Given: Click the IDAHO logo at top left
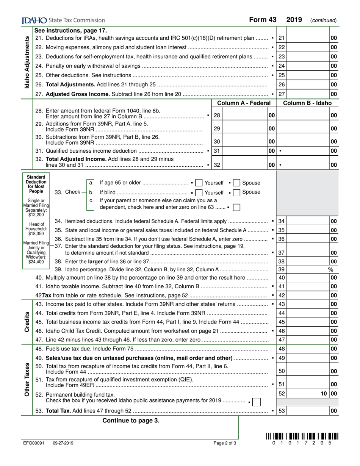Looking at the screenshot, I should [34, 20].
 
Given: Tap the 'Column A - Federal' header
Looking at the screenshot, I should [244, 103].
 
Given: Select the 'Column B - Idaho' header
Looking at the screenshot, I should [307, 103].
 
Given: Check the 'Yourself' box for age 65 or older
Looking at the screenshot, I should [199, 183].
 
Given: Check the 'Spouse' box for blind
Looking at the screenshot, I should [237, 192].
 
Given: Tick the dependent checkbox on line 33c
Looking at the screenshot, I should [236, 208].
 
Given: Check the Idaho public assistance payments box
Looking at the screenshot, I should [256, 402].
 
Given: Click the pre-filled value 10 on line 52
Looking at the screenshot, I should [323, 394].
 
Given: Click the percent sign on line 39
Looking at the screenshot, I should [330, 270].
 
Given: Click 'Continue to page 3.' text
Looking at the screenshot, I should [131, 421].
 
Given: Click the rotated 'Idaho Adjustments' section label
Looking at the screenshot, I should [27, 63].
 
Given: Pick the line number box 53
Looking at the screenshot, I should [282, 411].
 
